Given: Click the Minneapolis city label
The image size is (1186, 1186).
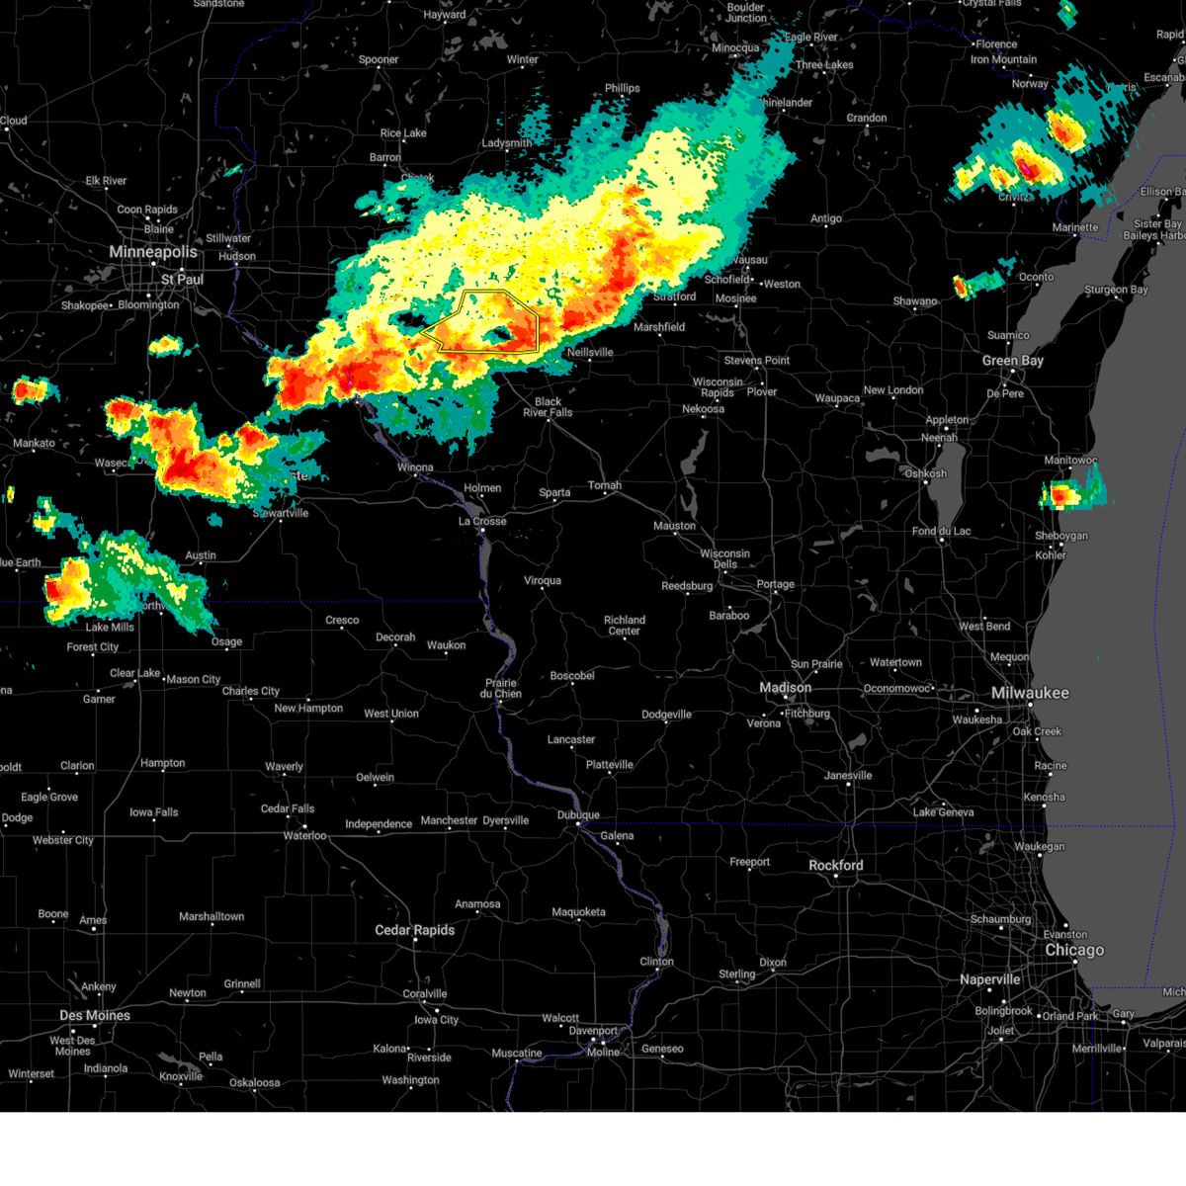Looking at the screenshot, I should pos(153,252).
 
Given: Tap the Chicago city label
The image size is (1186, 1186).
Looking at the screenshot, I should pos(1074,950).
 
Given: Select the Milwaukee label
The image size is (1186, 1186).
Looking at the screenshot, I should pos(1030,693).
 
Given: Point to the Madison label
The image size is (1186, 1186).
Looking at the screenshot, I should pos(785,688).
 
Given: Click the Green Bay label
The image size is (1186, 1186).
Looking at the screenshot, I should pos(1012,361).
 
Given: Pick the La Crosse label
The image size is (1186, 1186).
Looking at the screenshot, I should pos(482,521).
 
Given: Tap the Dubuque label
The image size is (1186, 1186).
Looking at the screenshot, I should pos(578,815).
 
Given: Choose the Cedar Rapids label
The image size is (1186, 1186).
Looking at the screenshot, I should pos(414,930).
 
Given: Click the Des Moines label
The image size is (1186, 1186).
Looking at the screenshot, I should pos(95,1015).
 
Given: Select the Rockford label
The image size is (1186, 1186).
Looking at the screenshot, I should pos(835,865).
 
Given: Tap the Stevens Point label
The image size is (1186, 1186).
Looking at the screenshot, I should pos(756,361).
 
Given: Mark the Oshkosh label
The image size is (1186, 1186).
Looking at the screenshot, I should pos(925,473).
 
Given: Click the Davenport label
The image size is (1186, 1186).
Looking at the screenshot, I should pos(593,1031).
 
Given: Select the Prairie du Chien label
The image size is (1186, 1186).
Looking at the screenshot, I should pos(501,688).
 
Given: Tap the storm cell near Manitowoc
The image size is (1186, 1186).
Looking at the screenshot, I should pos(1065,493).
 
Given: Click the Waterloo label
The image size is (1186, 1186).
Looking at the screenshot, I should pos(304,836).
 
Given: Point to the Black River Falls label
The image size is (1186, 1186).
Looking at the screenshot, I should pos(548,407).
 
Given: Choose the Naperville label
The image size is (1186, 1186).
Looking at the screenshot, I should pos(989,979).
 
